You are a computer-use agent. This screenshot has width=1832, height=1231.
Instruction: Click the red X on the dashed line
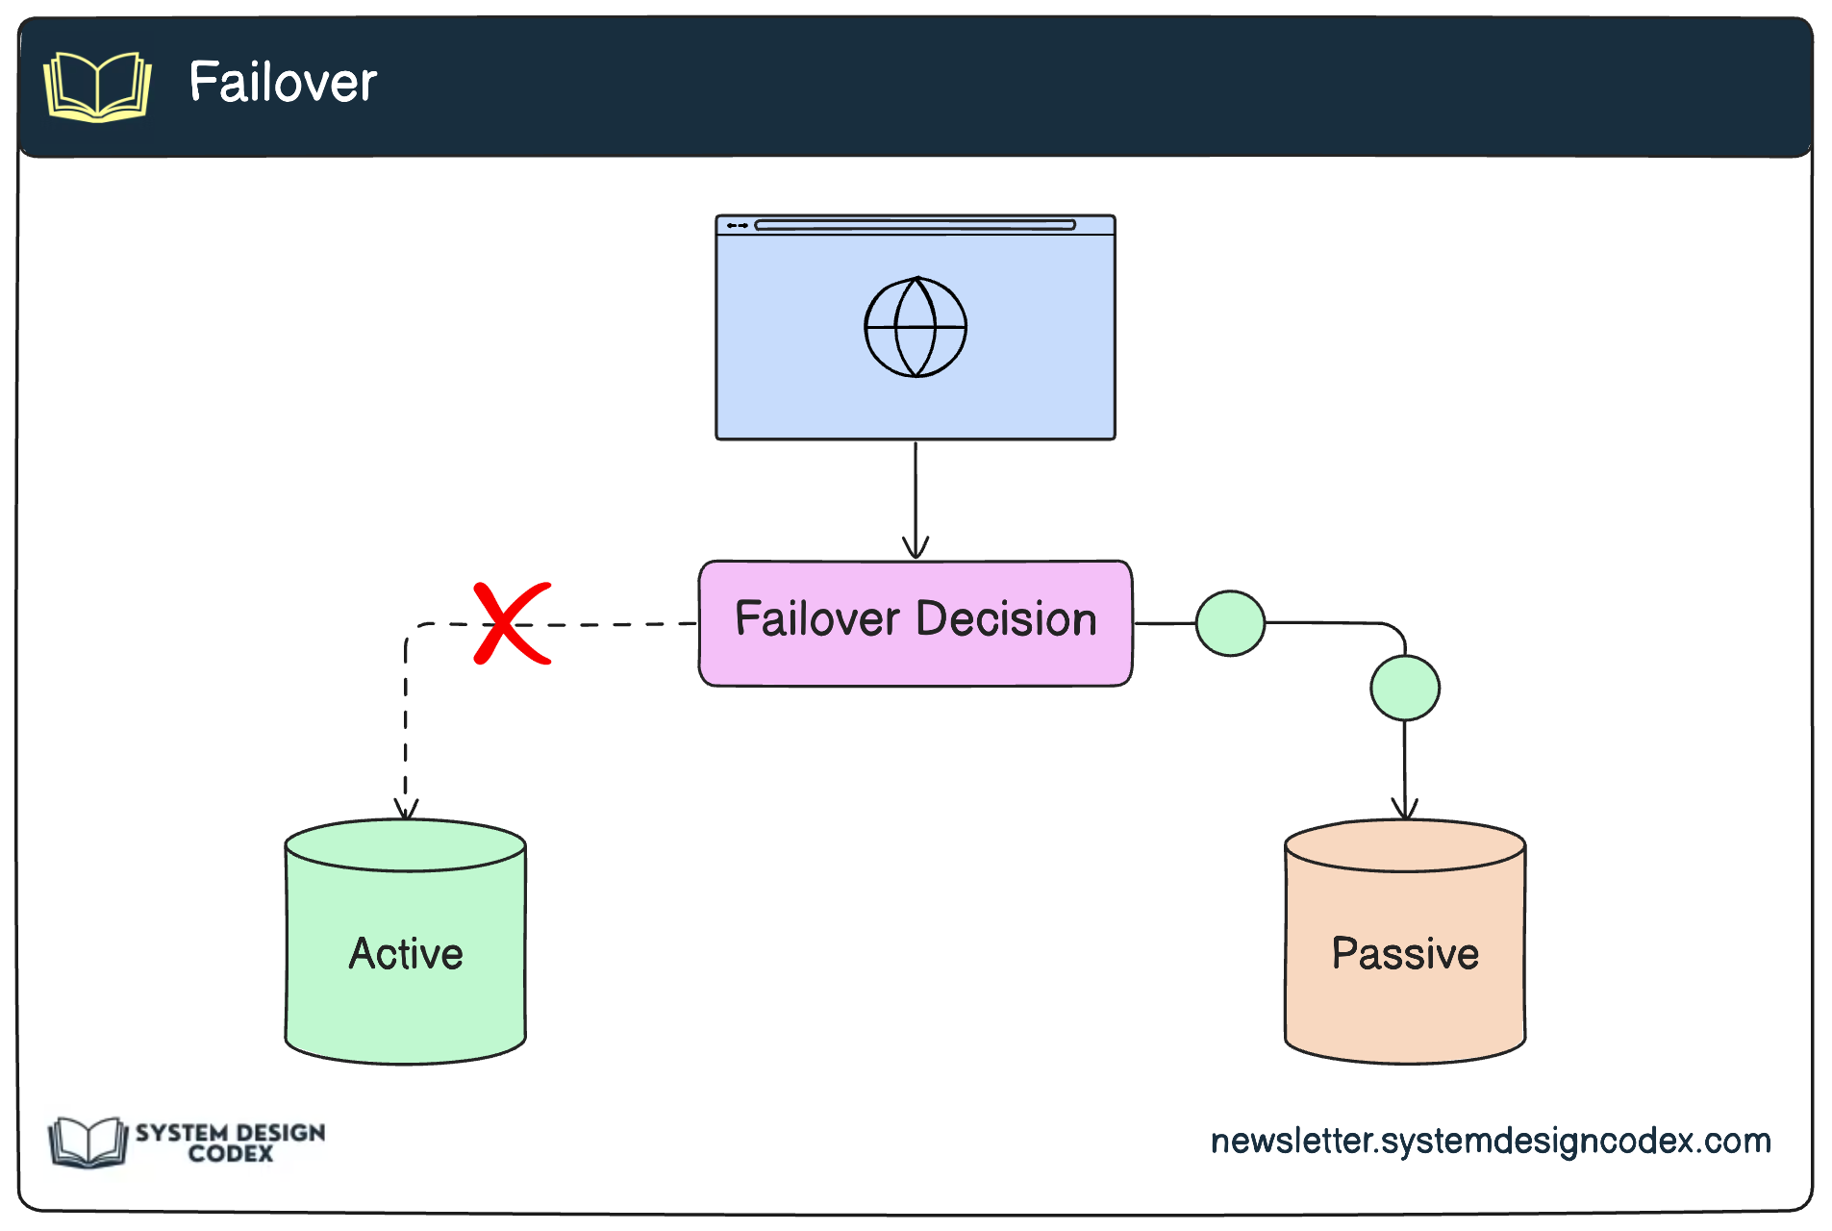tap(512, 624)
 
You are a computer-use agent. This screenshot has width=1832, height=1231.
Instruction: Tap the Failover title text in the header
tap(283, 83)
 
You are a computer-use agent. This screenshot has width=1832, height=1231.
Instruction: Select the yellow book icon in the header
tap(97, 87)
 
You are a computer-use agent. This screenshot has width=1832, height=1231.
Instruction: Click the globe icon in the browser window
tap(916, 327)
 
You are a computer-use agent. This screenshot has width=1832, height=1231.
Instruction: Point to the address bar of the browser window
tap(915, 225)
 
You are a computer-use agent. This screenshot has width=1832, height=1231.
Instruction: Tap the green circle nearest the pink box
tap(1230, 623)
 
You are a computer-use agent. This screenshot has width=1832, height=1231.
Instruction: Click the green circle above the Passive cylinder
tap(1404, 688)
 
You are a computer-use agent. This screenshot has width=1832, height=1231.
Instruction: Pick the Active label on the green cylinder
tap(406, 954)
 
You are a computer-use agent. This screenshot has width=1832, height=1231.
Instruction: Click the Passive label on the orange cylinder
tap(1405, 954)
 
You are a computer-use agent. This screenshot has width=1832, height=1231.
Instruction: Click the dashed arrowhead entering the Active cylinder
tap(406, 810)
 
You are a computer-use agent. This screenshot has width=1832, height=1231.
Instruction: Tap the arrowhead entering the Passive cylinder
tap(1405, 810)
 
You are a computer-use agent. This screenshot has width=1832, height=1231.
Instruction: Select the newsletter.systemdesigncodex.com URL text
tap(1490, 1141)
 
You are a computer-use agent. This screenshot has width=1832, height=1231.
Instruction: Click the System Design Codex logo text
tap(230, 1143)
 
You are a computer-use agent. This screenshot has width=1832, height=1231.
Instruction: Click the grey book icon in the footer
tap(88, 1142)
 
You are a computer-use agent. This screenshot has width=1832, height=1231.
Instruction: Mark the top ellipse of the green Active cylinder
tap(406, 845)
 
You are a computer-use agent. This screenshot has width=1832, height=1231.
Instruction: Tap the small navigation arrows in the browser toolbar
tap(738, 225)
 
